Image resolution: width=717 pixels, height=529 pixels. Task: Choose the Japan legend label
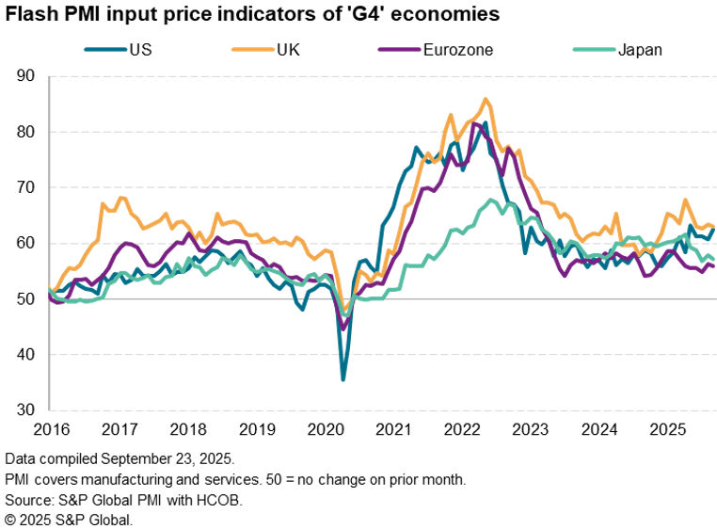(x=640, y=49)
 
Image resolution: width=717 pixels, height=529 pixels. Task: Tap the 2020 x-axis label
(x=326, y=429)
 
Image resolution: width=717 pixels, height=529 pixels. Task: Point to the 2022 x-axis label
(x=465, y=429)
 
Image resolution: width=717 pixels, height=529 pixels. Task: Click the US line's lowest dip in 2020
(x=343, y=379)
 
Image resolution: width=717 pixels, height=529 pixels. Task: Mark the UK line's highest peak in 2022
(x=485, y=99)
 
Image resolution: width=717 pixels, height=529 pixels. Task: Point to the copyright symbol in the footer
(x=11, y=519)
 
